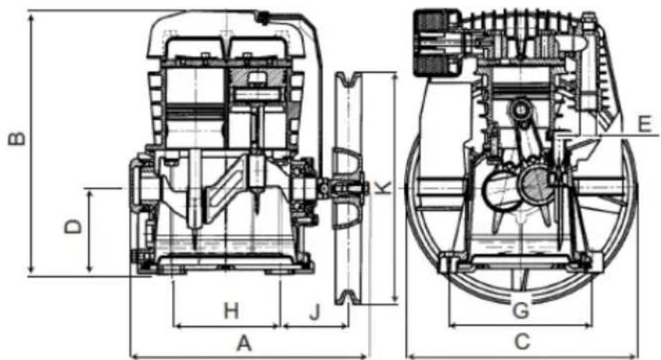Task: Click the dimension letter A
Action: click(244, 343)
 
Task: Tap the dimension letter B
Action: click(17, 139)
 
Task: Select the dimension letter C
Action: click(522, 341)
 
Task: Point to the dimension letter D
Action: click(72, 226)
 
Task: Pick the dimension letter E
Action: click(645, 124)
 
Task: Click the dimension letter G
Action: click(521, 311)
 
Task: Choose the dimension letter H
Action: click(231, 311)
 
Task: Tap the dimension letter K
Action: click(383, 187)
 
